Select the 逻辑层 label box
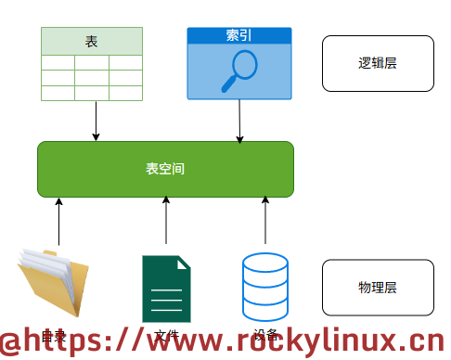[378, 63]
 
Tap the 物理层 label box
[378, 288]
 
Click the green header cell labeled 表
[91, 41]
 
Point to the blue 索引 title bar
[239, 35]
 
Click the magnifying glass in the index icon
[239, 71]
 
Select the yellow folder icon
[54, 283]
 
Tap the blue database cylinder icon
[265, 284]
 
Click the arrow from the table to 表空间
[96, 121]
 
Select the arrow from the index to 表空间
[239, 121]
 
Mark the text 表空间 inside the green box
[165, 169]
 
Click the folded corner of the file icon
[183, 263]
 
